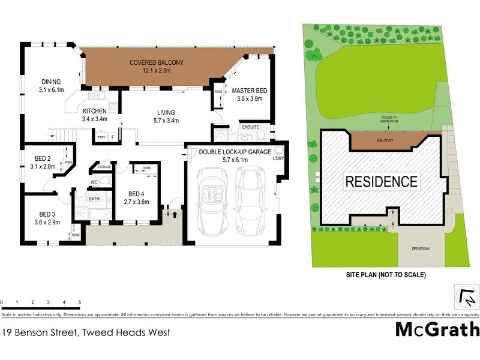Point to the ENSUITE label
[250, 127]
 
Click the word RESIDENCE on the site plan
[380, 181]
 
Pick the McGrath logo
[437, 329]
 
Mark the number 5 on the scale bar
[79, 302]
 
